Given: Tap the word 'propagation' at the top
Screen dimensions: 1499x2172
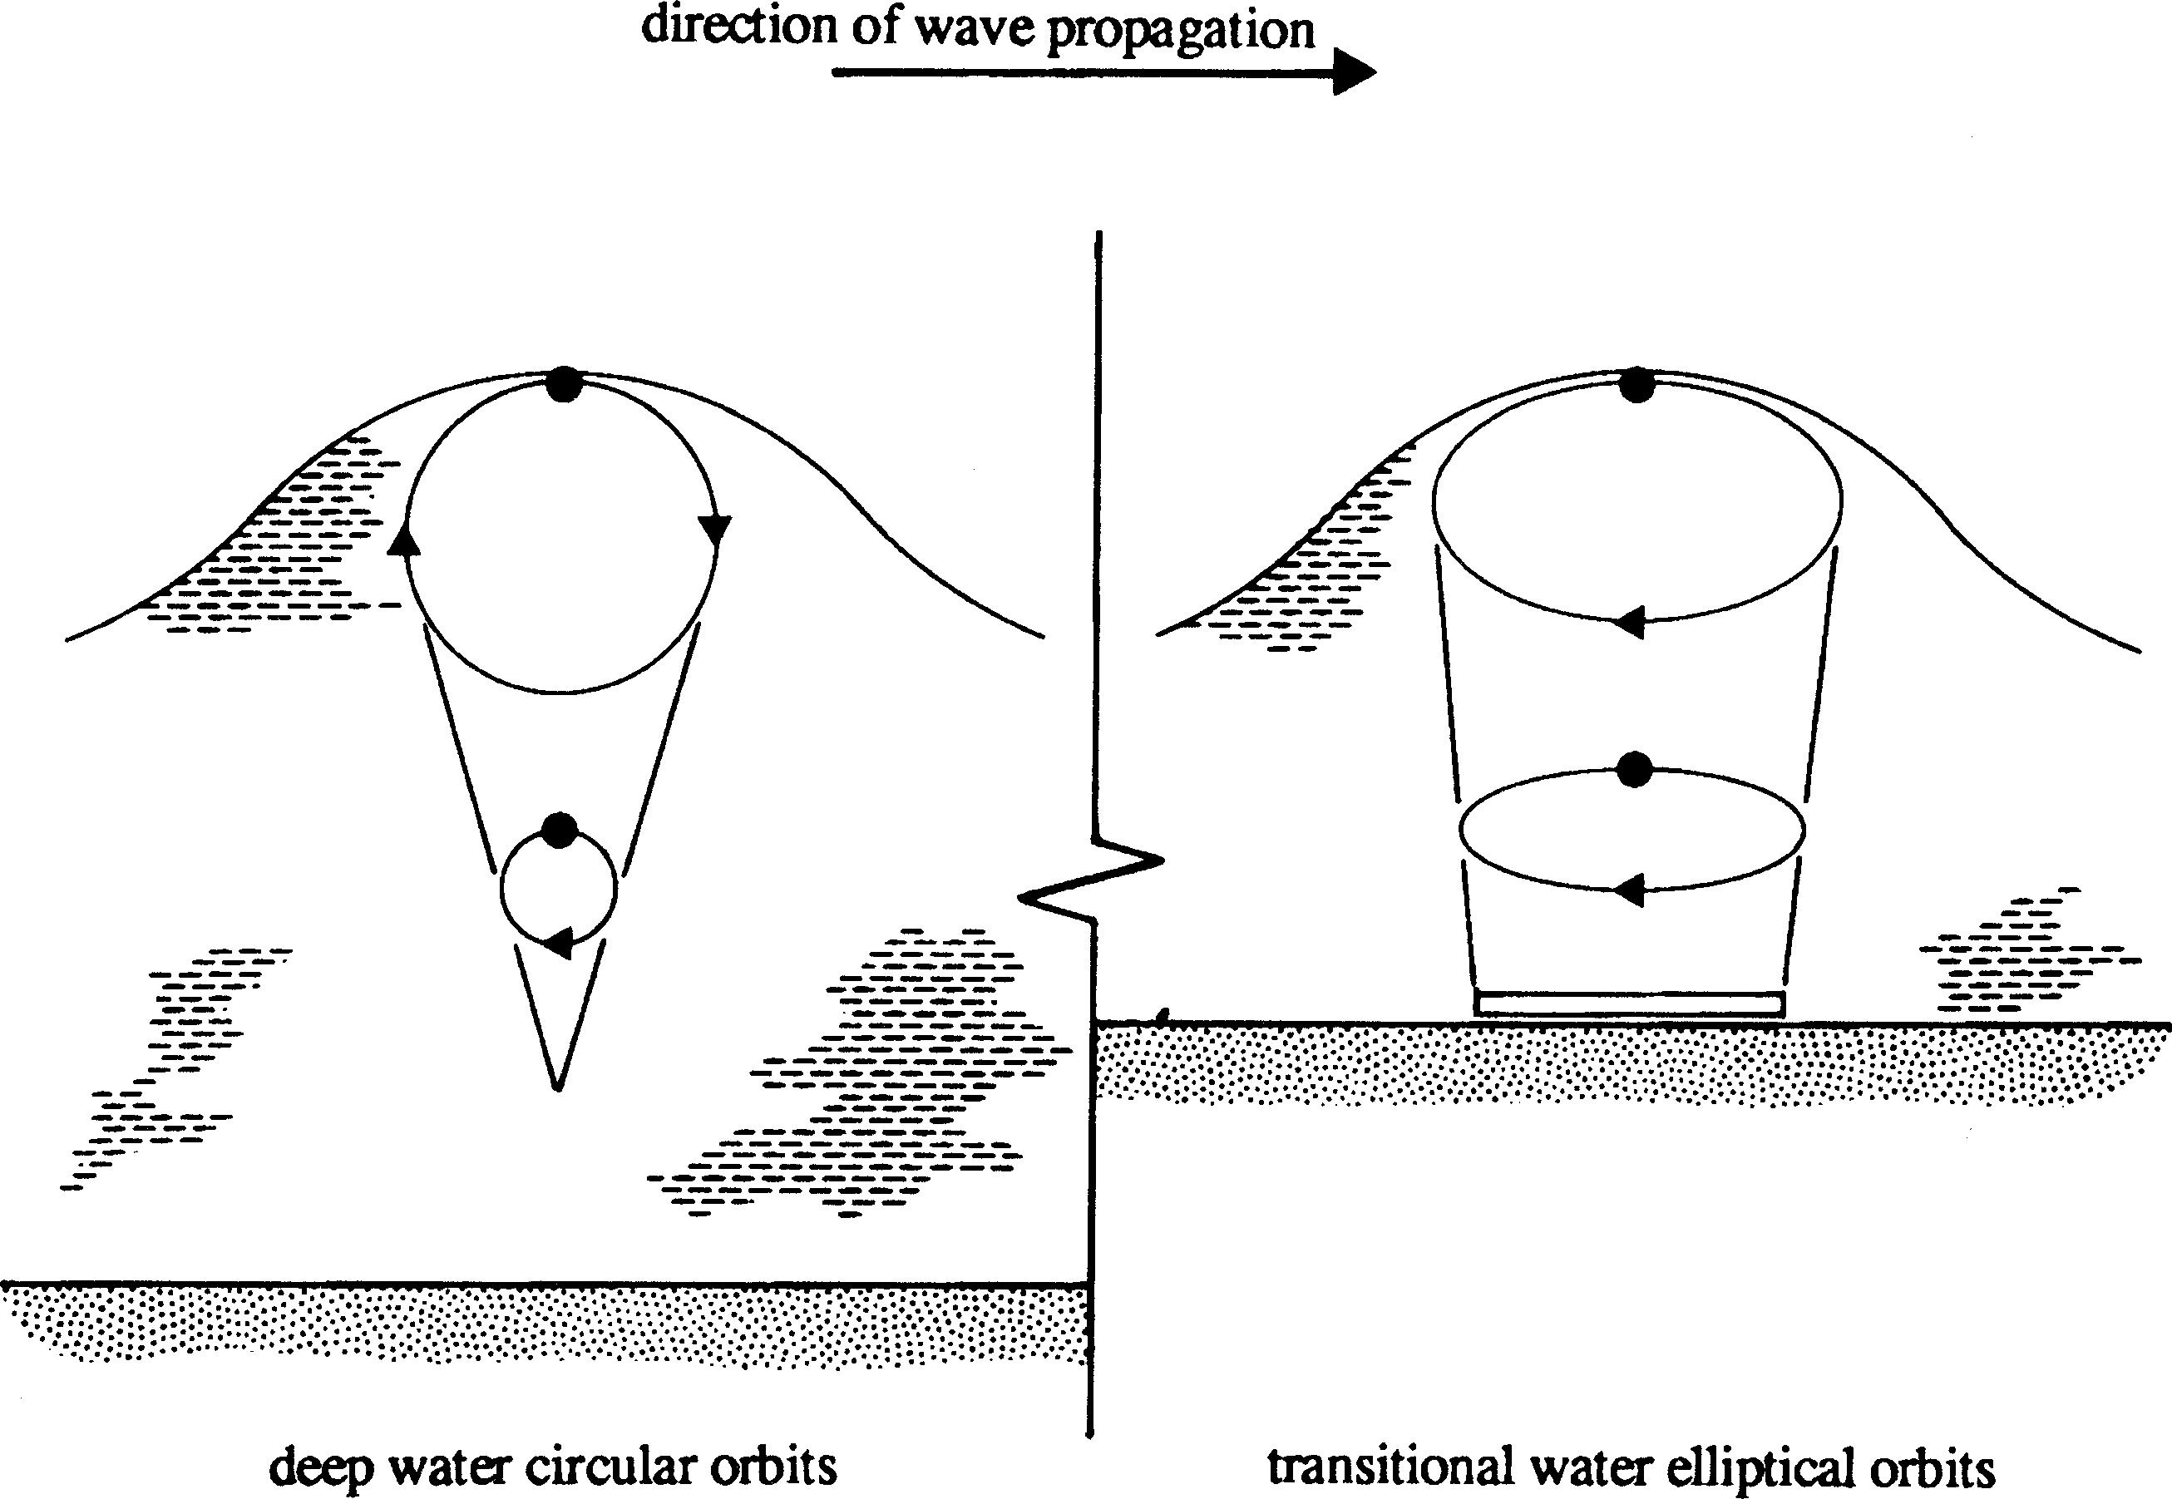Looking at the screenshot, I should pyautogui.click(x=1180, y=30).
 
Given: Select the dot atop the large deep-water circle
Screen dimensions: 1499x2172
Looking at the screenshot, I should pyautogui.click(x=563, y=384).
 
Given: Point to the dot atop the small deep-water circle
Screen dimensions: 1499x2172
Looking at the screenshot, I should pyautogui.click(x=560, y=831).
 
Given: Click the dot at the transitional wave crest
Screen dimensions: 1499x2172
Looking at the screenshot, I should pyautogui.click(x=1636, y=385).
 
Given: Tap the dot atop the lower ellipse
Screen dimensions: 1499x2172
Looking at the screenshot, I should pyautogui.click(x=1635, y=768).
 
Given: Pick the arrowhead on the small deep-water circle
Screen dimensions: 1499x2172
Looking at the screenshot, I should pyautogui.click(x=558, y=942).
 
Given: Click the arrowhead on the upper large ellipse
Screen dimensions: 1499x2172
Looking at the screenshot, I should pyautogui.click(x=1629, y=621).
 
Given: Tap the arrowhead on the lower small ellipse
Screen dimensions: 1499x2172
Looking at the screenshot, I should pyautogui.click(x=1629, y=889).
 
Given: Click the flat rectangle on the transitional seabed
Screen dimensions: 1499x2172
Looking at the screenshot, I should pyautogui.click(x=1629, y=1003).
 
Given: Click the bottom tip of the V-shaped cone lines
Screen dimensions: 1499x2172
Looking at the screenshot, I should pyautogui.click(x=558, y=1087).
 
